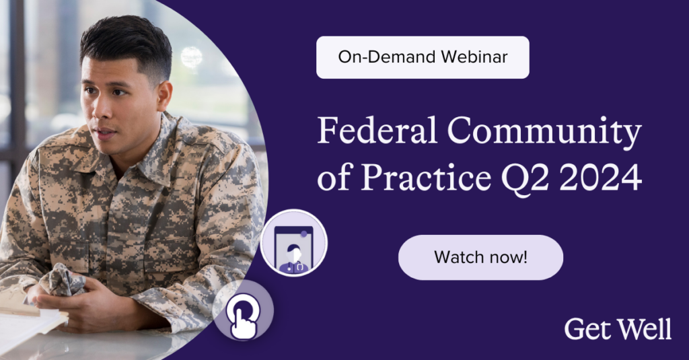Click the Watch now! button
[x=480, y=257]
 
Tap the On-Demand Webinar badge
[x=423, y=57]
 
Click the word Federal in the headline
[x=377, y=130]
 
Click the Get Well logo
[x=618, y=329]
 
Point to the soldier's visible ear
[x=164, y=96]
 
